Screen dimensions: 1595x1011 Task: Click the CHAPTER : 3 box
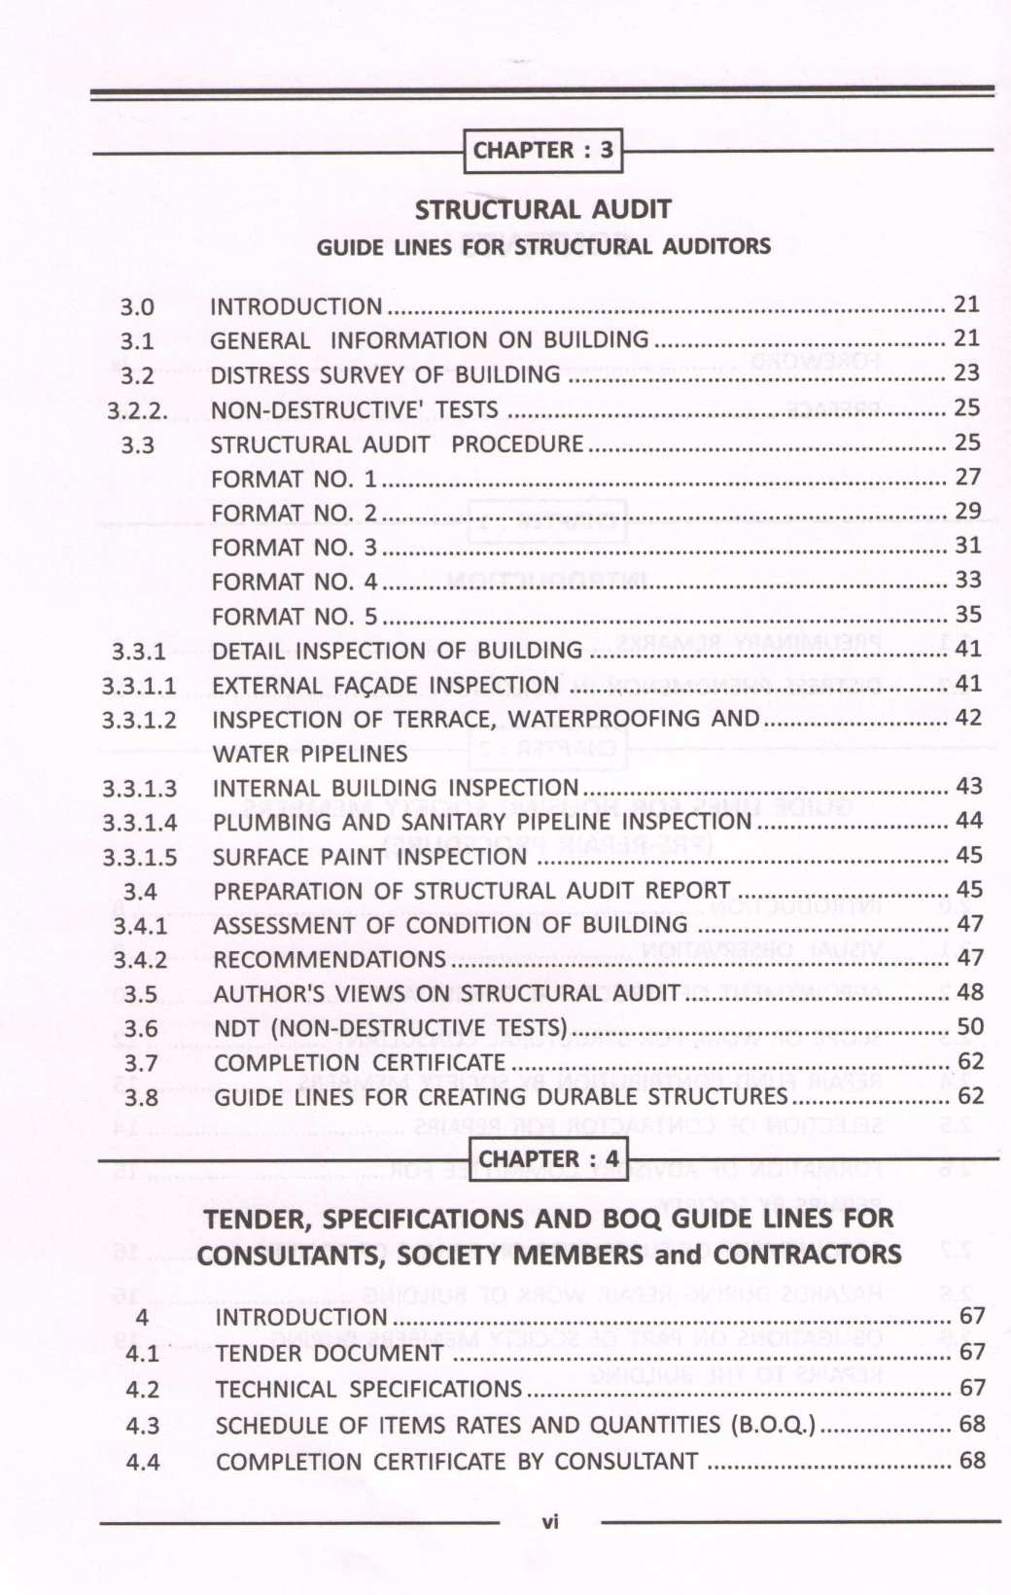click(x=543, y=151)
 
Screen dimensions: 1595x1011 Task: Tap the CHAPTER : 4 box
click(x=548, y=1159)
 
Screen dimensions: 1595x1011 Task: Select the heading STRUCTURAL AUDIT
click(x=542, y=210)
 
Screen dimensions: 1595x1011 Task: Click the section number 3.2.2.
click(x=137, y=411)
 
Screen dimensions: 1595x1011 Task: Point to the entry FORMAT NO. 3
click(x=294, y=548)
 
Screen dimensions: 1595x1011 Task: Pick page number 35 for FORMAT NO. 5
click(x=967, y=615)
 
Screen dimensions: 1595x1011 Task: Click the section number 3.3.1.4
click(x=140, y=823)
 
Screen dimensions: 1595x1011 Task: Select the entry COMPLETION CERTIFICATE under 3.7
click(x=360, y=1063)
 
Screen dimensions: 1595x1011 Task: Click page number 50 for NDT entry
click(x=970, y=1027)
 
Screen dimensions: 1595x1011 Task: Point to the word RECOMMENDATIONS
click(x=330, y=960)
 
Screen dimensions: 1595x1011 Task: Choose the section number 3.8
click(x=141, y=1098)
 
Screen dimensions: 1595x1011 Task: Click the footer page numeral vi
click(x=550, y=1522)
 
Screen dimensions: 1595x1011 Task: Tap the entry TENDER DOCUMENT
click(x=330, y=1354)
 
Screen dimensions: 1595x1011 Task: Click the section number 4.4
click(x=143, y=1462)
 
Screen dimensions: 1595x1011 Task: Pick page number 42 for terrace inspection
click(x=968, y=718)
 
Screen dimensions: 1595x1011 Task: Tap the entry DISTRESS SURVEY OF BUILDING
click(x=386, y=375)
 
